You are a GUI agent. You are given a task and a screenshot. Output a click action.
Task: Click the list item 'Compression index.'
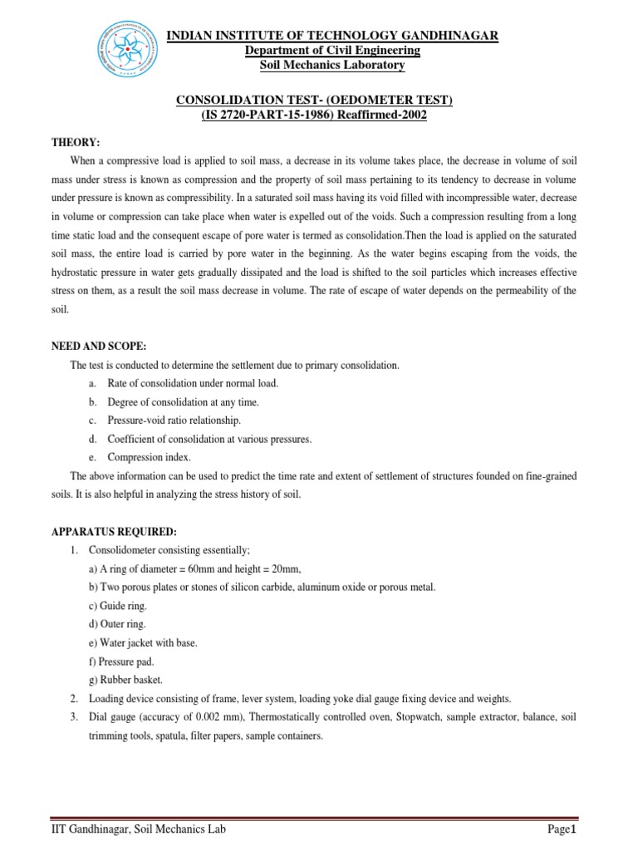pyautogui.click(x=149, y=457)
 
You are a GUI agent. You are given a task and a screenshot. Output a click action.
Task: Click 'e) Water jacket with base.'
pyautogui.click(x=143, y=643)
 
